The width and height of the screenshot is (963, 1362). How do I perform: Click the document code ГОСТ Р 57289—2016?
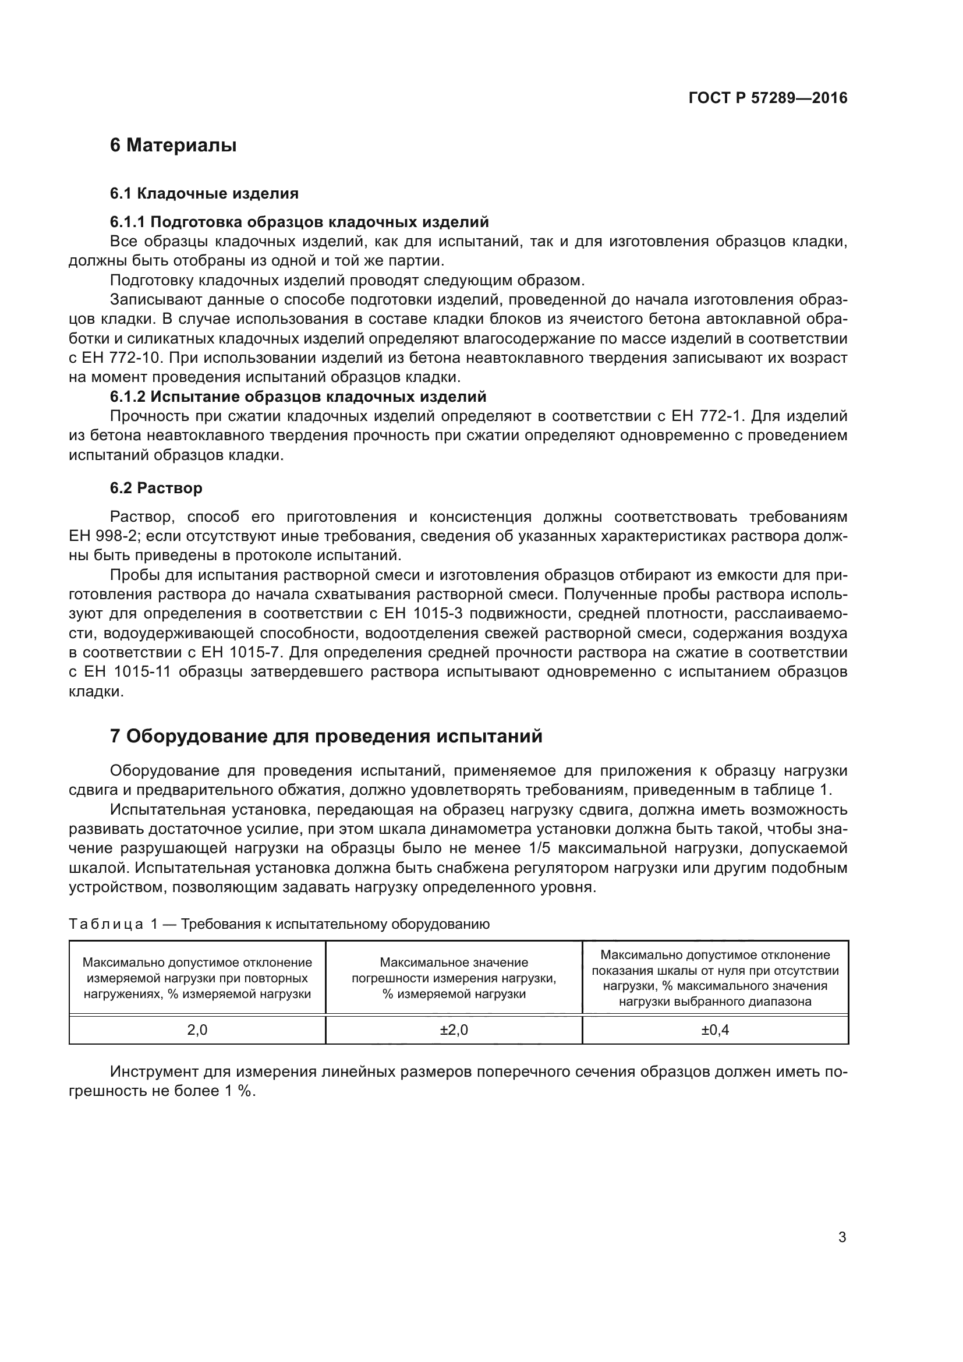[768, 98]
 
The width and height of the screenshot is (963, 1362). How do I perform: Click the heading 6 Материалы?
[173, 145]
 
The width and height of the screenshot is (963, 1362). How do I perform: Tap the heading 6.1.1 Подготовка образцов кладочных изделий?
[299, 222]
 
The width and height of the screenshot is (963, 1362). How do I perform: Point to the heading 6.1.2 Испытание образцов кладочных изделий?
[298, 397]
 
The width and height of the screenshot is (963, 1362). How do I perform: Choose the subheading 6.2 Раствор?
[156, 487]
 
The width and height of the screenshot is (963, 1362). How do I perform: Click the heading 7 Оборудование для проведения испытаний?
[326, 736]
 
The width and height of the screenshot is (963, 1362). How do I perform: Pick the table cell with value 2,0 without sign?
[197, 1030]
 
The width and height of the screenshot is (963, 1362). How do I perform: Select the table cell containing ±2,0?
[454, 1030]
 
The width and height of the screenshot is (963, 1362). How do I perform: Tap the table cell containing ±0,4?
[715, 1030]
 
